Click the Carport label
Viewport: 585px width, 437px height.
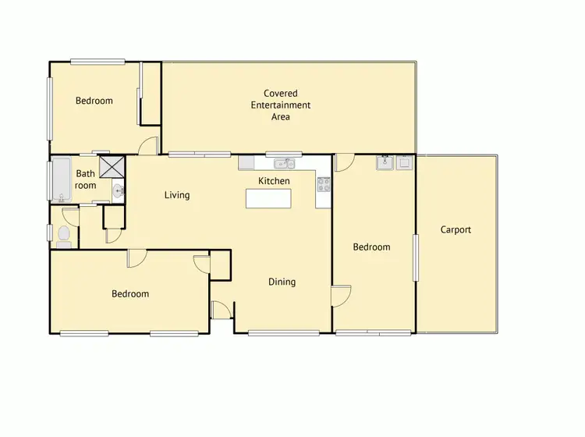click(456, 229)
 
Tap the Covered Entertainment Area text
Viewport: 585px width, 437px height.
click(281, 105)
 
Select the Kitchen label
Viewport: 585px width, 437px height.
click(274, 181)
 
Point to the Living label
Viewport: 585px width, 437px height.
click(177, 194)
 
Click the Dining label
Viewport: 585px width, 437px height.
click(282, 282)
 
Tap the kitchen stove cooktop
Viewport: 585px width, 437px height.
click(323, 184)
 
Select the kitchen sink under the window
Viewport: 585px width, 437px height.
click(283, 164)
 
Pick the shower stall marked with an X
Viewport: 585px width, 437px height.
click(113, 167)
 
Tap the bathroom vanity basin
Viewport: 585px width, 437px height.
click(117, 191)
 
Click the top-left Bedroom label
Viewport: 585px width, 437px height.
click(94, 101)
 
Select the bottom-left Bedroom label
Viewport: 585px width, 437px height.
click(129, 294)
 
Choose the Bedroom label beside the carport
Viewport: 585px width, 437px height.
click(371, 247)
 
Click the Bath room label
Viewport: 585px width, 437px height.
click(86, 179)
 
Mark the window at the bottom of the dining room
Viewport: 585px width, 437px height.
click(283, 333)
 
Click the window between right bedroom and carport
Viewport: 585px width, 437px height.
click(416, 258)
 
